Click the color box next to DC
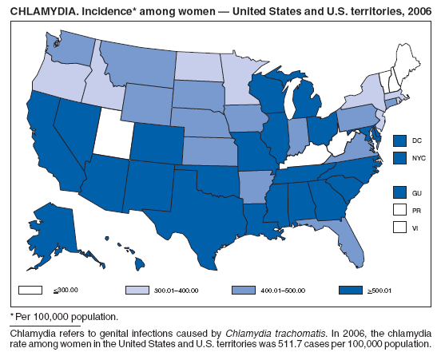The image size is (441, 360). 400,140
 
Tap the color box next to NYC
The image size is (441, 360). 400,159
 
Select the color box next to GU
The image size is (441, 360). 400,192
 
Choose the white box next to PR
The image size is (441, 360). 400,210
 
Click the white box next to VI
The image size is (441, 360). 400,227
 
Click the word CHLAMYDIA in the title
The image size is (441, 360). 39,10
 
